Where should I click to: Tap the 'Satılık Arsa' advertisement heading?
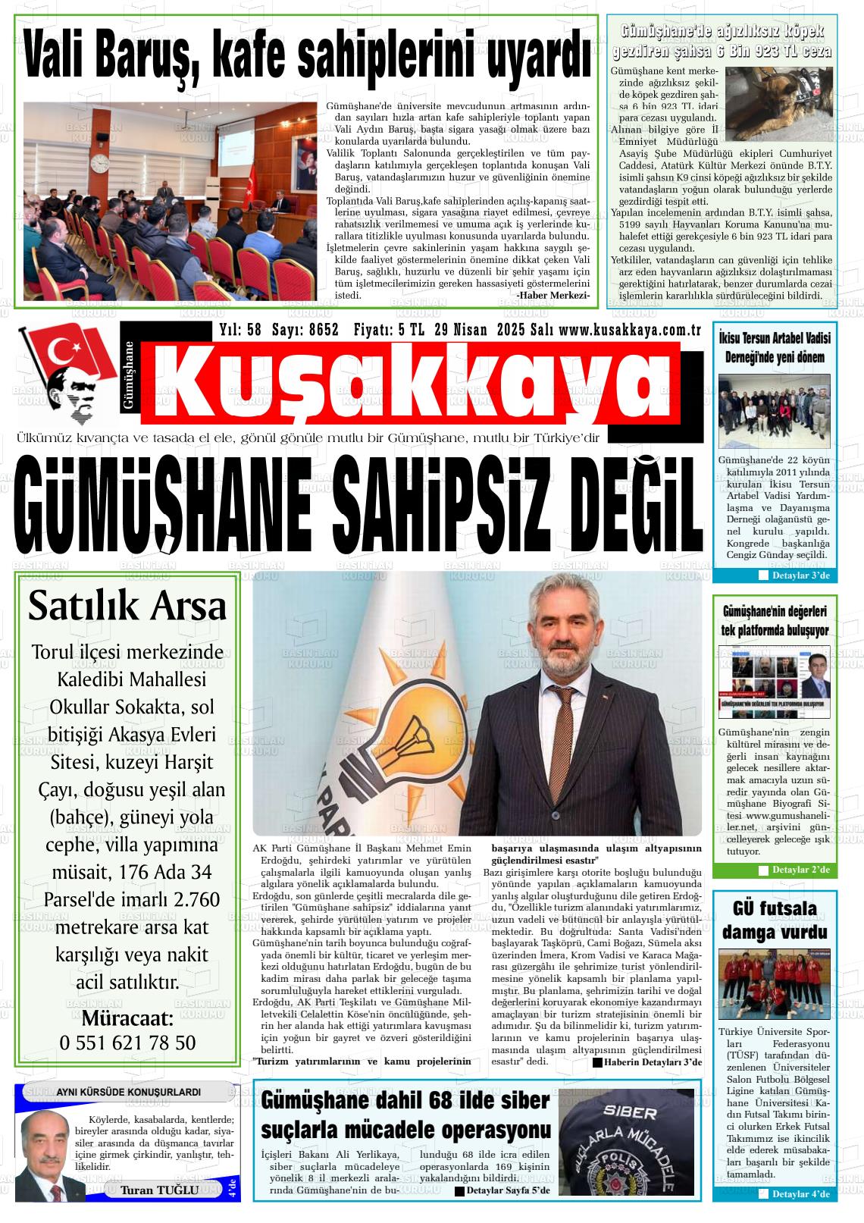click(127, 607)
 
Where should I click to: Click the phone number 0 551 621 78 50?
click(127, 1043)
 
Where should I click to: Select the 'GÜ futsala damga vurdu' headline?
click(775, 920)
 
